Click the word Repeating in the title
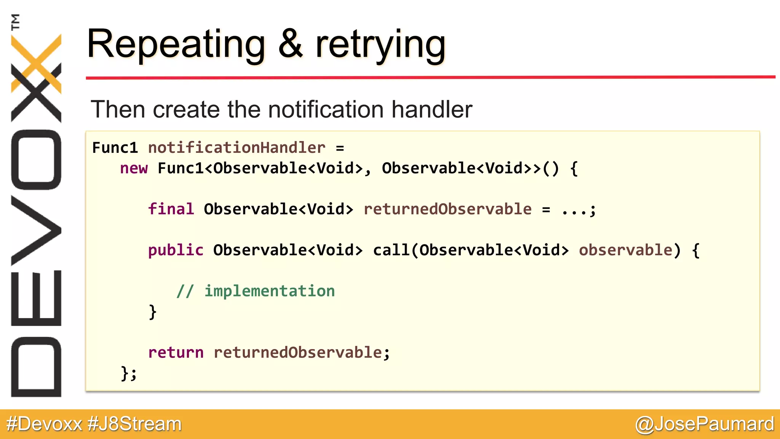tap(176, 45)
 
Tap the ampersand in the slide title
tap(291, 44)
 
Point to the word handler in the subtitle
tap(432, 109)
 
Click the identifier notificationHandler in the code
tap(237, 148)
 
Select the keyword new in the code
tap(134, 168)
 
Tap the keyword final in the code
tap(171, 209)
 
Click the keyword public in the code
tap(176, 250)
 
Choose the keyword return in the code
tap(176, 352)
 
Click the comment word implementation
tap(270, 291)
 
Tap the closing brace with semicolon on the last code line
tap(128, 373)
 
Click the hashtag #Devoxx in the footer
tap(44, 424)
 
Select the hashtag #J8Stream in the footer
tap(134, 424)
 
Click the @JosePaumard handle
tap(704, 424)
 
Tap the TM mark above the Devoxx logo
tap(15, 22)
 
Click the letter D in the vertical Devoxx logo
tap(36, 367)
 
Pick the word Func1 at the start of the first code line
tap(115, 148)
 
